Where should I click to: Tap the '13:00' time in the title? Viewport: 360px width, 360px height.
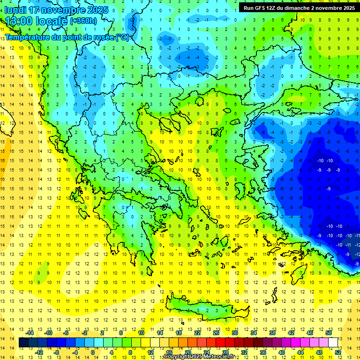(19, 21)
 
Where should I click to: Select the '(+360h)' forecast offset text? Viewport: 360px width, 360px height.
(83, 21)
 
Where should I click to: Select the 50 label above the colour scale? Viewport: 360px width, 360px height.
(329, 333)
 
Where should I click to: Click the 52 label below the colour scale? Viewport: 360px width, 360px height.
(338, 352)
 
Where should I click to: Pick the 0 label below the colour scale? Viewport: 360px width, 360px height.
(93, 352)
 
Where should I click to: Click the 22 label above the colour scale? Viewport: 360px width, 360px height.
(197, 333)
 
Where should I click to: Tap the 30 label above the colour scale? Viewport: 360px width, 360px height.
(235, 333)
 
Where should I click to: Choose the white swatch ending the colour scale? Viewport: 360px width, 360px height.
(333, 342)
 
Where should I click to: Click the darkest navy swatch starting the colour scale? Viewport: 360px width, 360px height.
(23, 342)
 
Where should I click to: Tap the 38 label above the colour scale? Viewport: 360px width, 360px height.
(272, 333)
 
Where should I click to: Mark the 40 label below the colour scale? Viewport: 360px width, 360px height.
(282, 352)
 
